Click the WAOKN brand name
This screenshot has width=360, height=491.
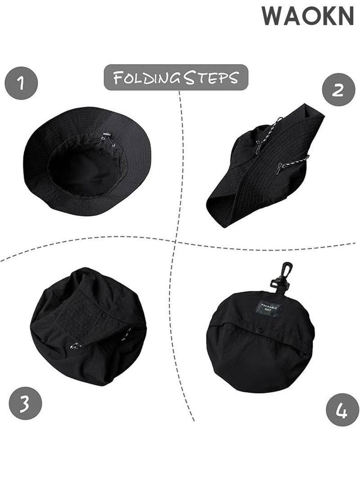pos(308,17)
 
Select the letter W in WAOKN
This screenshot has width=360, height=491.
pos(273,17)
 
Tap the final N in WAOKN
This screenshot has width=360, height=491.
pos(346,17)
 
